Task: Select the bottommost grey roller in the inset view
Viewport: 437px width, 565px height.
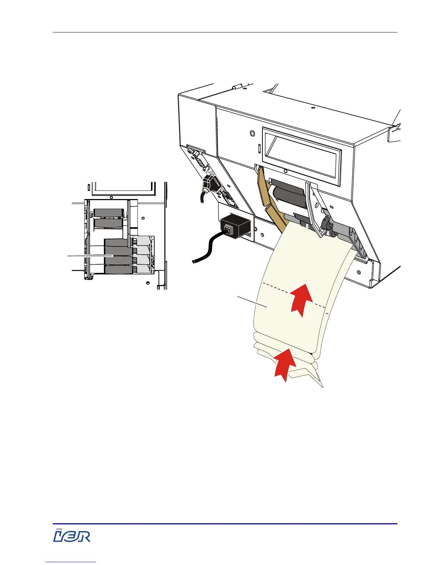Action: pos(116,270)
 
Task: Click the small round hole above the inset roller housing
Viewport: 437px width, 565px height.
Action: pos(111,197)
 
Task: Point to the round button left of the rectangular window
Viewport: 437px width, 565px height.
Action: pos(252,133)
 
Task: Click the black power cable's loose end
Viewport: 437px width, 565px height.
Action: pos(194,261)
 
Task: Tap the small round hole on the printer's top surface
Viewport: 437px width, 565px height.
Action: pos(312,108)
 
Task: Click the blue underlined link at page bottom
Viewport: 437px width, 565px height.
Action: pos(71,562)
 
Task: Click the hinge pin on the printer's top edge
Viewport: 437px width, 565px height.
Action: pos(235,87)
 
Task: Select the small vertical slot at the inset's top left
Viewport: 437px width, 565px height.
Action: pos(88,186)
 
